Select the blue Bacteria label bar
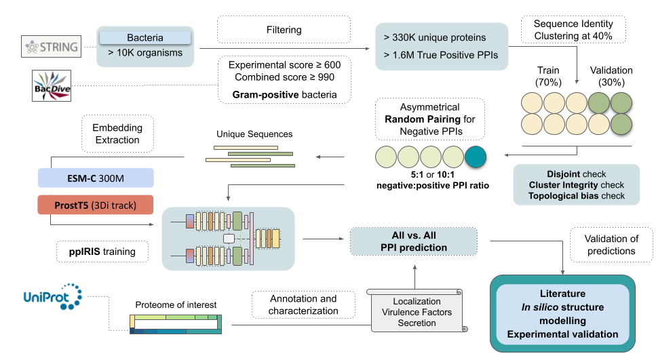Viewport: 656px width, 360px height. tap(144, 38)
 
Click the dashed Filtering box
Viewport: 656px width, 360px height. tap(284, 31)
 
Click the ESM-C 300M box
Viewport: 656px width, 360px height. tap(95, 178)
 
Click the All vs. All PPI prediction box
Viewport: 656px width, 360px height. tap(414, 241)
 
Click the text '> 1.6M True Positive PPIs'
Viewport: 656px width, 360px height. tap(440, 55)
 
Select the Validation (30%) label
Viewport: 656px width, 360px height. tap(610, 76)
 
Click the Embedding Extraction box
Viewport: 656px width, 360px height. tap(118, 134)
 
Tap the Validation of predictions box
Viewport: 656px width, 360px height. tap(612, 245)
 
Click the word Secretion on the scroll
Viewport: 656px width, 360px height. tap(417, 323)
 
